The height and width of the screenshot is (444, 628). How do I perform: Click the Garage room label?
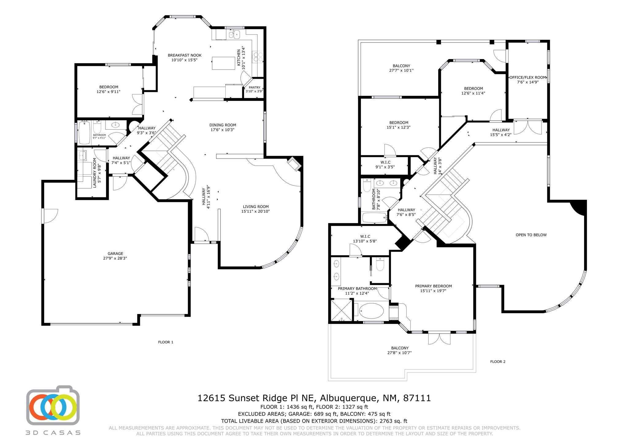pos(115,253)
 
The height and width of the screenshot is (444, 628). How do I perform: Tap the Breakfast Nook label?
pos(185,55)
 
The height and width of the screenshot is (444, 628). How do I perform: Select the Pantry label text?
pos(255,88)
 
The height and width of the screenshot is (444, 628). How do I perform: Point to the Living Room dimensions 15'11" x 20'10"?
pos(255,211)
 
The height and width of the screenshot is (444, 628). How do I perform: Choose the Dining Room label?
pos(223,125)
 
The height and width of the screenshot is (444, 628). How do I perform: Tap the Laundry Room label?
pos(95,173)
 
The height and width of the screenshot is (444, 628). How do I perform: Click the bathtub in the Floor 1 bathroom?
pos(85,133)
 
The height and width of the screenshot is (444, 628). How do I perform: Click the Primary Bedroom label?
pos(433,286)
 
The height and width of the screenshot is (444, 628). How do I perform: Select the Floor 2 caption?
pos(498,362)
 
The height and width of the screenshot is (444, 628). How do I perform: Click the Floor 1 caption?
pos(166,342)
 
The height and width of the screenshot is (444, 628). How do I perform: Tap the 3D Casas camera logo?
pos(53,404)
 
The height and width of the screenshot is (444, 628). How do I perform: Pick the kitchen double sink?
pos(234,34)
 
